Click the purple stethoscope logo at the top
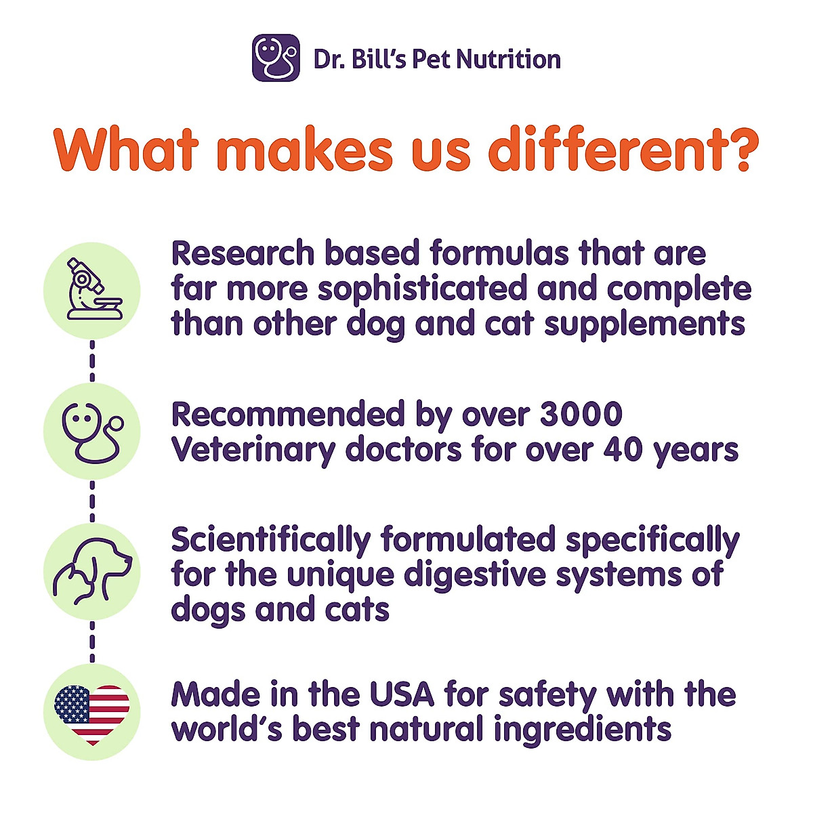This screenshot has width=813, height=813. coord(276,58)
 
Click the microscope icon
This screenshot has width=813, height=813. coord(92,290)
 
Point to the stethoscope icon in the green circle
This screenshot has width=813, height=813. coord(92,432)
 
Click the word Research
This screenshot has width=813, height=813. coord(243,253)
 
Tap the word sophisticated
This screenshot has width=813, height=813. coord(422,289)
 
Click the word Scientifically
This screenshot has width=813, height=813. coord(271,541)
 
